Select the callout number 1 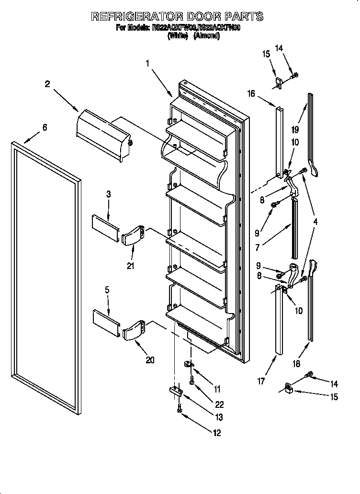pyautogui.click(x=148, y=63)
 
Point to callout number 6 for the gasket pyautogui.click(x=45, y=127)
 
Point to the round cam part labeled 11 pyautogui.click(x=189, y=365)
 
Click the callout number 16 pyautogui.click(x=251, y=94)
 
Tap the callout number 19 pyautogui.click(x=295, y=129)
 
